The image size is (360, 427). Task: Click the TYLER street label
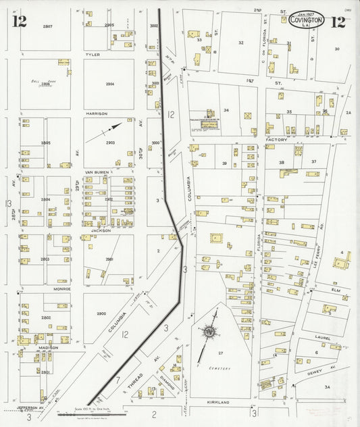(93, 53)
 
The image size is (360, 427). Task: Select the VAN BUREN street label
(97, 172)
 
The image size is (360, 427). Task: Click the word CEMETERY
(220, 369)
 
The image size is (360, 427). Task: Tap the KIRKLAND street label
(219, 402)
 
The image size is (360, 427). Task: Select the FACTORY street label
(277, 139)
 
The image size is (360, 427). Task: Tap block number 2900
(102, 313)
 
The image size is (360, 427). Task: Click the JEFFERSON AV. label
(26, 408)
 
